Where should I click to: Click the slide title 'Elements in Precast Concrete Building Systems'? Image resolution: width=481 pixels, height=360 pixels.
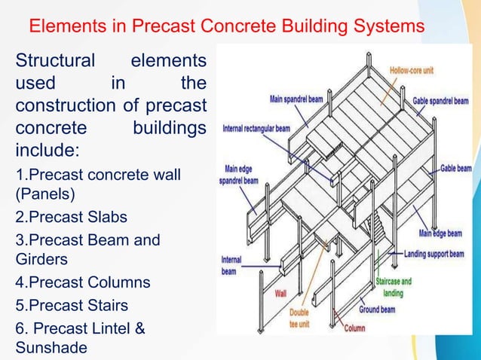click(x=226, y=27)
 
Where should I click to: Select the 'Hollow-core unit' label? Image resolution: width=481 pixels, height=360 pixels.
click(x=411, y=71)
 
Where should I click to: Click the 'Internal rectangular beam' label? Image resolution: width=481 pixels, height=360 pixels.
click(x=256, y=128)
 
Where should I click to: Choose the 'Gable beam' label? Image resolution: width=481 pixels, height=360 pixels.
click(x=456, y=168)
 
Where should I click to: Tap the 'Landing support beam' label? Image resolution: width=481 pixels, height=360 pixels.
click(x=434, y=255)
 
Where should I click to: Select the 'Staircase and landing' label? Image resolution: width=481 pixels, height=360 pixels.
click(x=394, y=287)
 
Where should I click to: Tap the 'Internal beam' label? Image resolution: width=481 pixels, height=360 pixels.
click(x=231, y=265)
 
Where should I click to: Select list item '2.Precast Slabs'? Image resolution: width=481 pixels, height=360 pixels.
click(x=72, y=217)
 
